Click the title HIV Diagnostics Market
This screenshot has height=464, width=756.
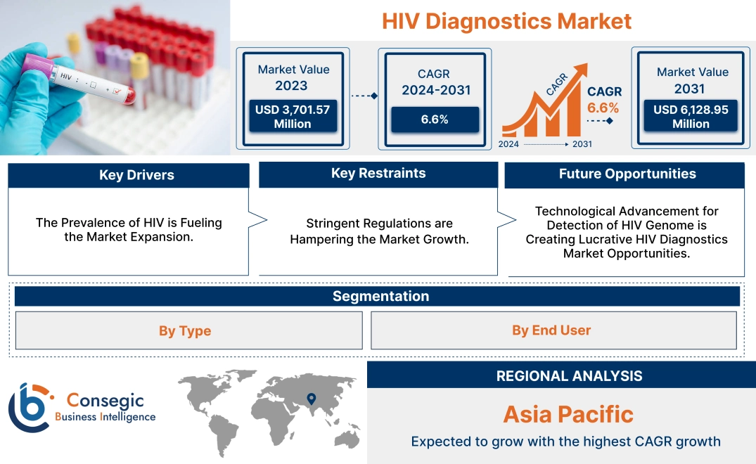point(506,21)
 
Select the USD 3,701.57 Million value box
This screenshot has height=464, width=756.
point(292,116)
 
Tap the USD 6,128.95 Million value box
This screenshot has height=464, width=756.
point(691,116)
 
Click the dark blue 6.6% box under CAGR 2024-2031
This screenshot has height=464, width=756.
point(435,119)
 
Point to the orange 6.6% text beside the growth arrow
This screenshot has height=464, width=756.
point(603,108)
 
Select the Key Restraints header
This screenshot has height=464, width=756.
point(378,174)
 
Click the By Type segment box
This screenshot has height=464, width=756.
point(185,330)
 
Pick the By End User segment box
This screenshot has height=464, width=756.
point(551,330)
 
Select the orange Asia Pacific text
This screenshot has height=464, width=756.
point(568,414)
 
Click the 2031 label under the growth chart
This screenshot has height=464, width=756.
point(582,144)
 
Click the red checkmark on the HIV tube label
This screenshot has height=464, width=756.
point(117,90)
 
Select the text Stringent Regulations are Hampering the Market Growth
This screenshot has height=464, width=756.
point(380,231)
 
